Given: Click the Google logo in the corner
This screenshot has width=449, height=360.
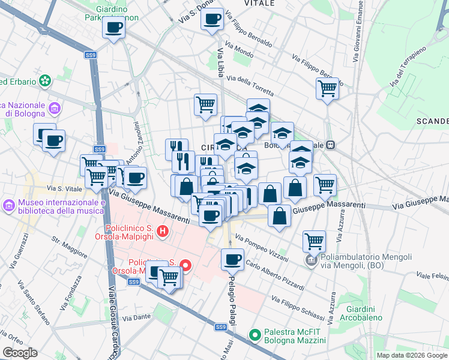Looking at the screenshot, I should pyautogui.click(x=20, y=353).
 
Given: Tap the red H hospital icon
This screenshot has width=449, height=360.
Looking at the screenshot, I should pyautogui.click(x=161, y=231).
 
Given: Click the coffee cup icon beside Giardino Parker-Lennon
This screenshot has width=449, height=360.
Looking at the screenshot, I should pyautogui.click(x=113, y=26).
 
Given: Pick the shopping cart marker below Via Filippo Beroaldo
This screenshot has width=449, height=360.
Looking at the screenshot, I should pyautogui.click(x=327, y=88).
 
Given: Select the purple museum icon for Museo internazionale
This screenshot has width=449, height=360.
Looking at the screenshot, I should pyautogui.click(x=9, y=206).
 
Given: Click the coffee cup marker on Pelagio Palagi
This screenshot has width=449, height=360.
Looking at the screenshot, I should pyautogui.click(x=232, y=260).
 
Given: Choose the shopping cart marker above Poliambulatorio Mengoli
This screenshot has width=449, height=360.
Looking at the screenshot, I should pyautogui.click(x=314, y=241).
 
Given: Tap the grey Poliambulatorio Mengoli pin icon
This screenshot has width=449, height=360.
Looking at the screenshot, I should pyautogui.click(x=310, y=260).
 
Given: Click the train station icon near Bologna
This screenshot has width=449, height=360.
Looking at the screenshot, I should pyautogui.click(x=330, y=145).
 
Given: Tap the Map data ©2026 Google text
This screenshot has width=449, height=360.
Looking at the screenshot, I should pyautogui.click(x=412, y=355).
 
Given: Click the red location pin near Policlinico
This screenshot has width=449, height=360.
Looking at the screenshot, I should pyautogui.click(x=186, y=265).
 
